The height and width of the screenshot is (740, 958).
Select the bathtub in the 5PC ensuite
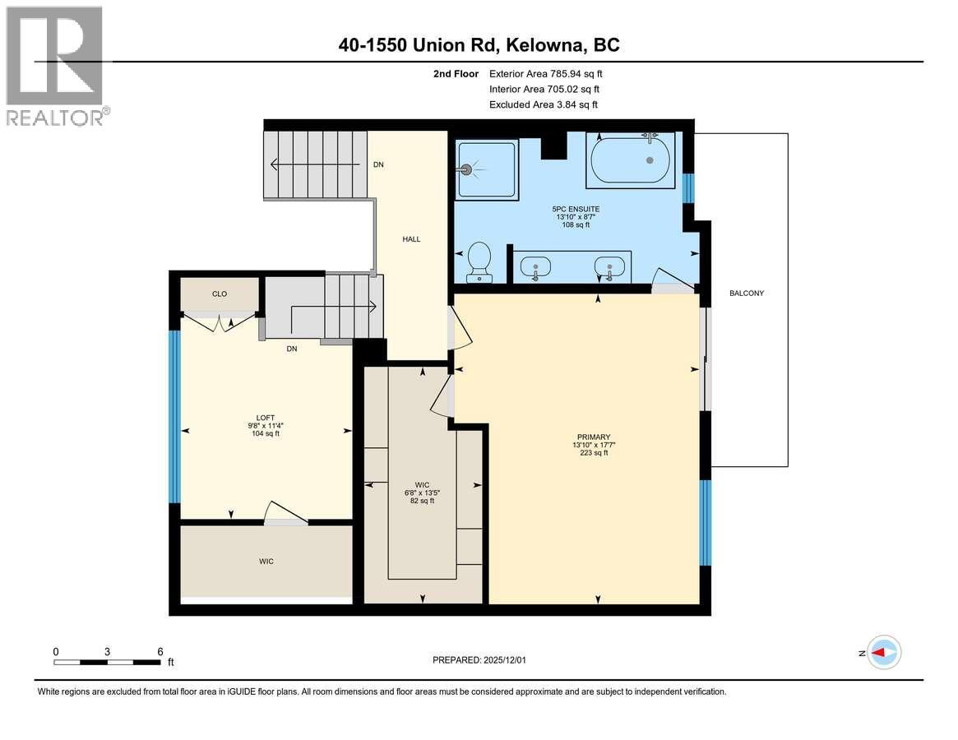(x=630, y=160)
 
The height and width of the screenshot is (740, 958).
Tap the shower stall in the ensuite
(x=488, y=169)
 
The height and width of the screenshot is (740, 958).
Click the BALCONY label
(x=747, y=293)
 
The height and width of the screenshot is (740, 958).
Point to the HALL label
(x=411, y=239)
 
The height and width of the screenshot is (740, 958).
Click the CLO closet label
(x=219, y=294)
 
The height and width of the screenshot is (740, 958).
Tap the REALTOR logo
(x=54, y=66)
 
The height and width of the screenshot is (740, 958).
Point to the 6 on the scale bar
(x=160, y=651)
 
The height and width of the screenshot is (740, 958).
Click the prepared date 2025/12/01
(x=485, y=659)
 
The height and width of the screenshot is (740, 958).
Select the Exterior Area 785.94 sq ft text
(x=551, y=74)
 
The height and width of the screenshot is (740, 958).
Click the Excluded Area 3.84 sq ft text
(x=543, y=104)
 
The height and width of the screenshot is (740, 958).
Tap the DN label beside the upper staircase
(x=378, y=164)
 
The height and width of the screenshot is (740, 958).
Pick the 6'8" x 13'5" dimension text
(x=422, y=493)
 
